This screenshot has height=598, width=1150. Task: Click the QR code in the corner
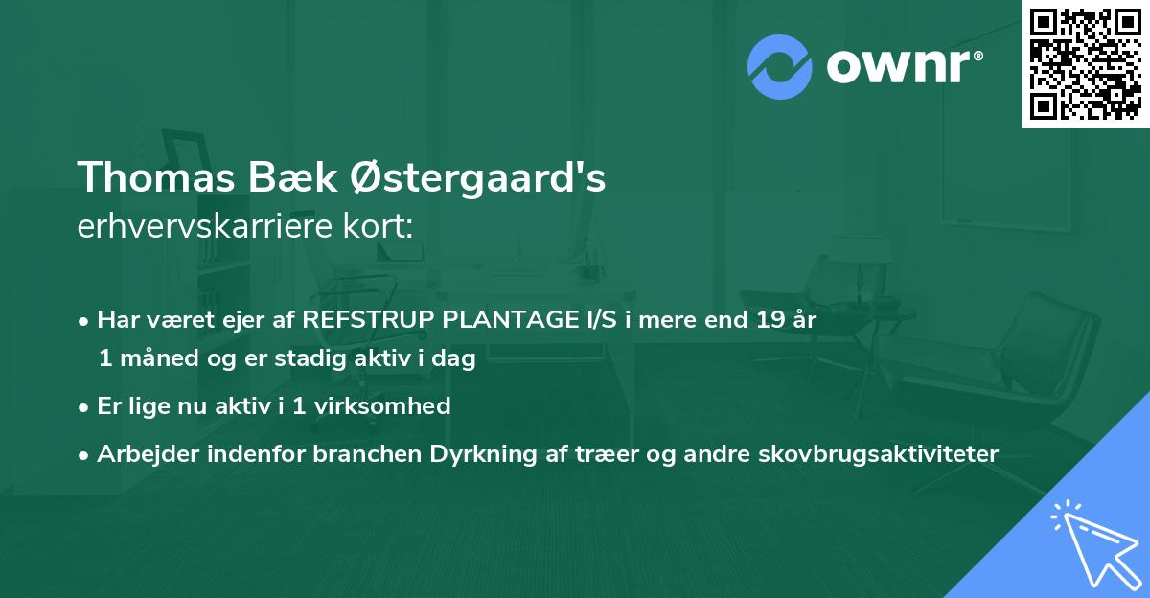pyautogui.click(x=1086, y=63)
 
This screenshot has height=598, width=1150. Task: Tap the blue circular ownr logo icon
pyautogui.click(x=780, y=67)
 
